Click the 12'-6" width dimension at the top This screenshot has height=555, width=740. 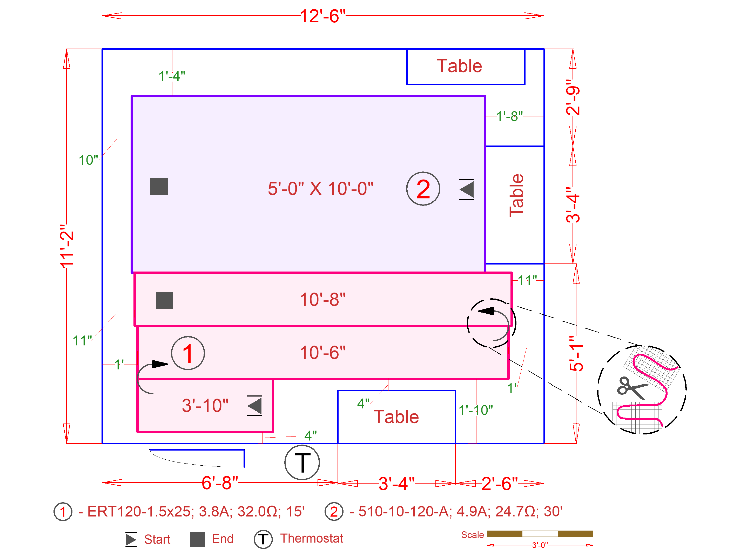click(322, 16)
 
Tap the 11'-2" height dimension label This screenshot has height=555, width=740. click(67, 246)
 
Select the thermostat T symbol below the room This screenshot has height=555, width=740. click(302, 462)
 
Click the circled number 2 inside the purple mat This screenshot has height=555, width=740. click(423, 189)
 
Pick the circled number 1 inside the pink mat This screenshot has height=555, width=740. click(188, 353)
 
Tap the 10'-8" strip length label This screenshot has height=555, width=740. click(322, 299)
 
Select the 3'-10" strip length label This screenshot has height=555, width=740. click(205, 405)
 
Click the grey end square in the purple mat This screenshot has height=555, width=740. click(159, 187)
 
